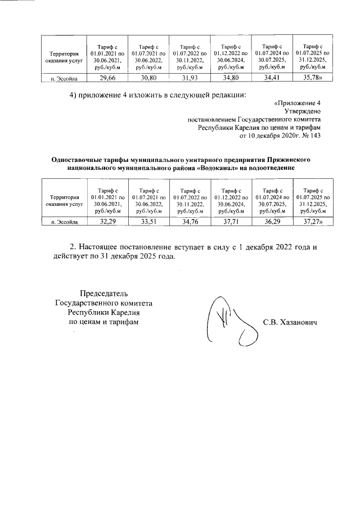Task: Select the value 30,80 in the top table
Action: [x=148, y=78]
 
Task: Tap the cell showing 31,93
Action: [x=190, y=78]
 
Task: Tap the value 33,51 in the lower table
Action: [x=148, y=222]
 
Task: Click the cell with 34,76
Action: [x=190, y=222]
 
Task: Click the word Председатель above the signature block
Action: [x=103, y=294]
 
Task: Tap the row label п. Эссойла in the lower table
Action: [x=62, y=223]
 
